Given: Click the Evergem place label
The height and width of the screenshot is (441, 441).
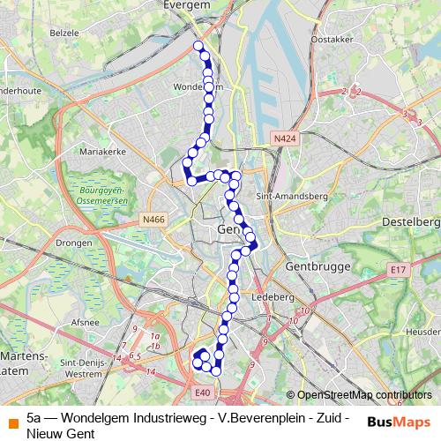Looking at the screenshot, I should pyautogui.click(x=186, y=5).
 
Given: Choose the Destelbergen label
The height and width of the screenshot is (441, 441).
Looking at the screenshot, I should pyautogui.click(x=413, y=220).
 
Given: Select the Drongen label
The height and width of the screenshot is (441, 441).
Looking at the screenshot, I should pyautogui.click(x=72, y=241).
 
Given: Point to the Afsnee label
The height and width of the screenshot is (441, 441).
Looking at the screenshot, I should pyautogui.click(x=86, y=322).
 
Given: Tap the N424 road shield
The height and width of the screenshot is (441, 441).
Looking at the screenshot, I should pyautogui.click(x=284, y=139).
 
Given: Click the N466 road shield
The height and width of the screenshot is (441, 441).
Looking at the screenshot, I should pyautogui.click(x=153, y=220).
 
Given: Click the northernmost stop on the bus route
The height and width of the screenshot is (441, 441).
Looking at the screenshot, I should pyautogui.click(x=198, y=46).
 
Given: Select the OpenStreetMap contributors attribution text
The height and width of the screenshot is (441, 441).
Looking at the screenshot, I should pyautogui.click(x=363, y=395).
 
